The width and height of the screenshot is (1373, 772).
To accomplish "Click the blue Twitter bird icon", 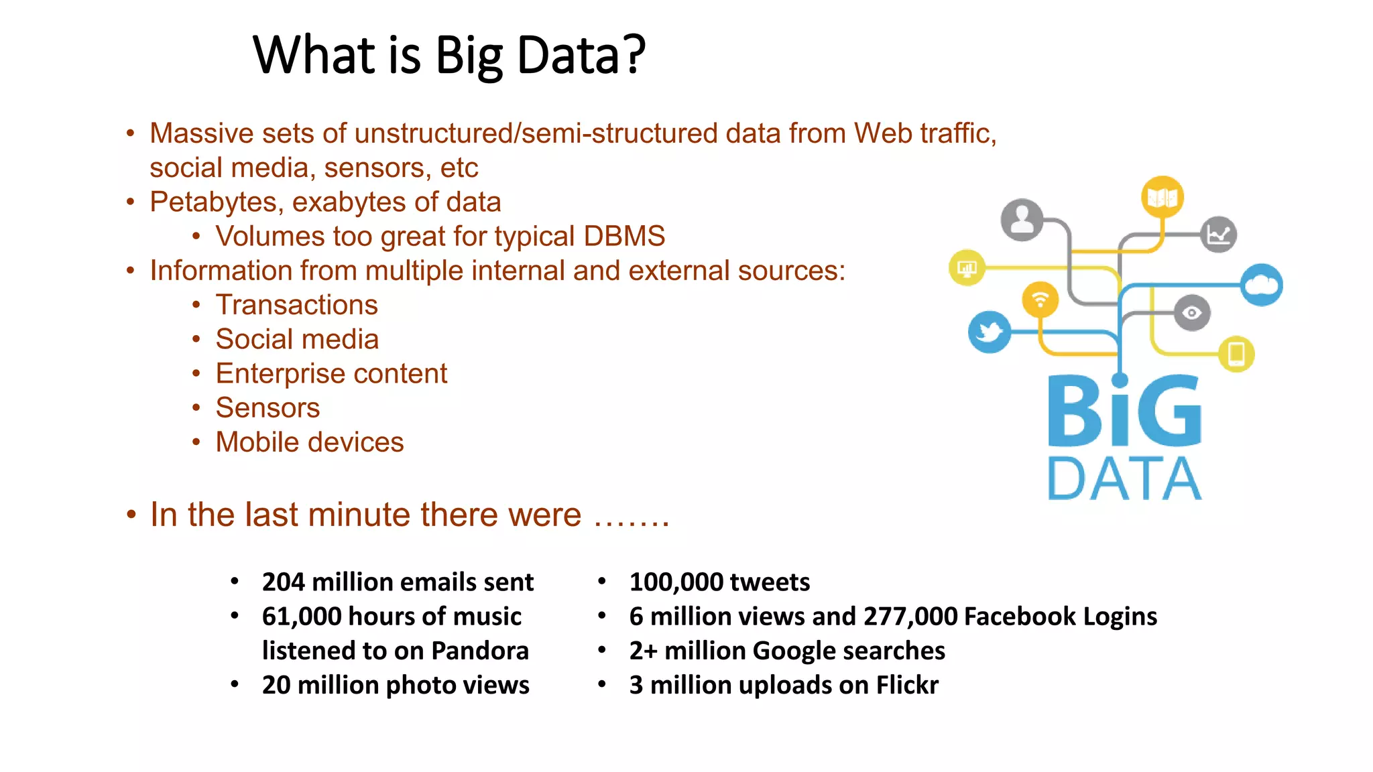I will [x=989, y=332].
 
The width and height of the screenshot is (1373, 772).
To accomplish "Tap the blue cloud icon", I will [x=1261, y=285].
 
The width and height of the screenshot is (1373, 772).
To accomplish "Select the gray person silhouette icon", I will [x=1022, y=220].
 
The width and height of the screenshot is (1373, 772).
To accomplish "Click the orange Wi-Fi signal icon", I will [x=1040, y=299].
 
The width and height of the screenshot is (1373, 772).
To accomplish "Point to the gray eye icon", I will [x=1191, y=312].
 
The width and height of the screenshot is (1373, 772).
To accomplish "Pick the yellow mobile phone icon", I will [x=1236, y=353].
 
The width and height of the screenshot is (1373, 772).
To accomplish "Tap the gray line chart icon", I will [x=1218, y=235].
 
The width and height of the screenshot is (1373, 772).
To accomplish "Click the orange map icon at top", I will [x=1162, y=197].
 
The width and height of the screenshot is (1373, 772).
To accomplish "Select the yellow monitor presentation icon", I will [x=967, y=268].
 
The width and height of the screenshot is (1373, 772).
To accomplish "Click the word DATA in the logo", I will [x=1124, y=478].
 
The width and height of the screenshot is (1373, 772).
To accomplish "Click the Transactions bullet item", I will [x=296, y=305].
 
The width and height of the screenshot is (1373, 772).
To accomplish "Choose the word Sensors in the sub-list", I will [x=267, y=407].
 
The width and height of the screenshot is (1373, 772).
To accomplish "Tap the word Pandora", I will [x=480, y=651].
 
